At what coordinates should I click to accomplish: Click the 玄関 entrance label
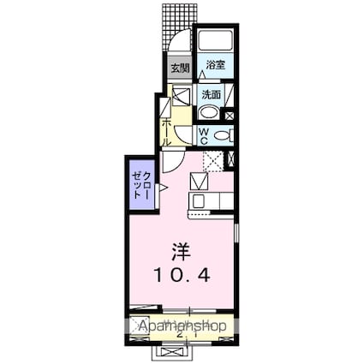(x=178, y=68)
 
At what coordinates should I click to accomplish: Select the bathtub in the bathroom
(x=214, y=43)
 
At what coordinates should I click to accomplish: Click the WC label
(x=204, y=135)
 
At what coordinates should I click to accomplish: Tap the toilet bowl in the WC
(x=222, y=135)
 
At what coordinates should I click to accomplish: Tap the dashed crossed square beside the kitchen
(x=213, y=160)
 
